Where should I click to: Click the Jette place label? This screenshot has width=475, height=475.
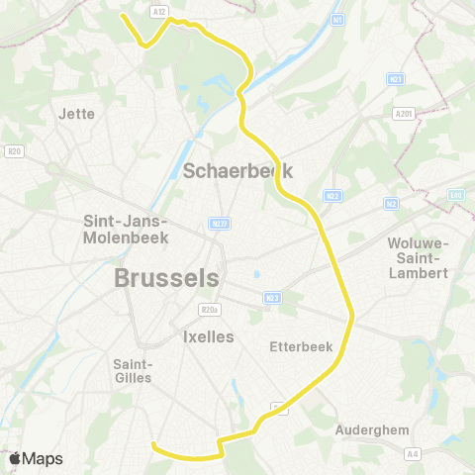[x=77, y=114]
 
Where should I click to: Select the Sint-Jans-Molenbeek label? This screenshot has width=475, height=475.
[x=127, y=229]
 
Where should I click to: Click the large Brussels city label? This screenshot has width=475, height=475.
[x=166, y=278]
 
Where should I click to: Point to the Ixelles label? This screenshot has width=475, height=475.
[x=208, y=336]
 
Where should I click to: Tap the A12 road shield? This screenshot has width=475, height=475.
[x=158, y=10]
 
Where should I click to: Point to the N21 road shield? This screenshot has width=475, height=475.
[x=396, y=79]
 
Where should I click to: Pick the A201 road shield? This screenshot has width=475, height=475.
[x=403, y=114]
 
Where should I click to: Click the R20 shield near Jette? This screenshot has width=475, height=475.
[x=14, y=151]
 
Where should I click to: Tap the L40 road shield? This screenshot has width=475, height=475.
[x=456, y=195]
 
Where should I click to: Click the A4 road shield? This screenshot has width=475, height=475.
[x=413, y=453]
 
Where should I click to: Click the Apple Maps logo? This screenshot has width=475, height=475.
[x=36, y=458]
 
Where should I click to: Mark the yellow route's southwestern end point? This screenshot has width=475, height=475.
[x=153, y=444]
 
